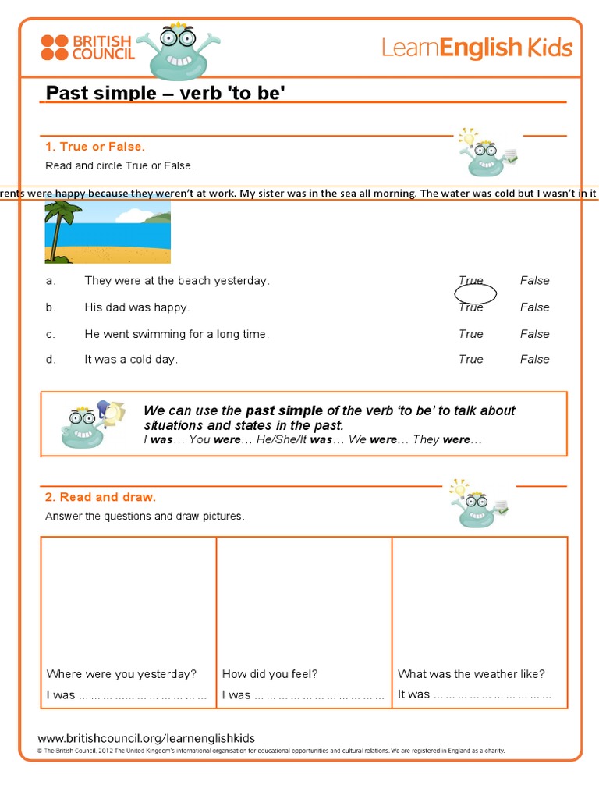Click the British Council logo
point(87,48)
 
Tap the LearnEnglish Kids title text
point(477,48)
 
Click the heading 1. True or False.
point(95,147)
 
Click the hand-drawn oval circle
point(476,293)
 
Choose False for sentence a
point(534,281)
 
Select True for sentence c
point(470,334)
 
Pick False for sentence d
point(534,360)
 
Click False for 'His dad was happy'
point(534,307)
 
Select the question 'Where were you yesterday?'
point(122,674)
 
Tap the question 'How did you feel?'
point(270,674)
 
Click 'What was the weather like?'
point(471,674)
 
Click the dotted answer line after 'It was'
point(493,694)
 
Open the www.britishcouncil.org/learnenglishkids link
point(147,738)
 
